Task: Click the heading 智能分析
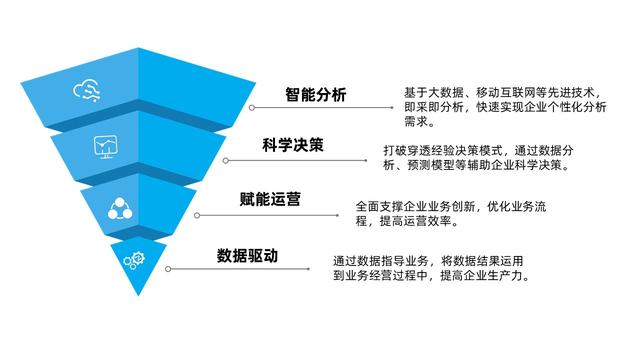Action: tap(315, 96)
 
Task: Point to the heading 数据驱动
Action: tap(248, 256)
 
